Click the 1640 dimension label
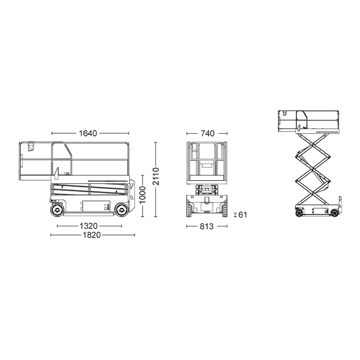coord(88,134)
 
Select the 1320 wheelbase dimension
coord(89,226)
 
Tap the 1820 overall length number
coord(92,235)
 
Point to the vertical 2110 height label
coord(156,176)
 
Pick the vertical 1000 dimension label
coord(143,195)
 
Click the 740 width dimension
coord(207,134)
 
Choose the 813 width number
coord(207,226)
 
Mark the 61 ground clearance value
coord(242,215)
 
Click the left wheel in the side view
coord(57,210)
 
